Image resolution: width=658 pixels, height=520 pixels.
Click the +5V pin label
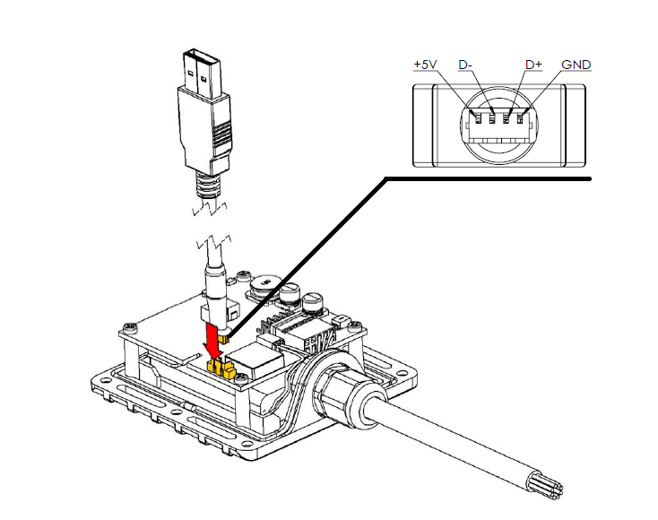point(426,65)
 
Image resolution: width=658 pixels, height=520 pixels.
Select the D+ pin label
point(534,65)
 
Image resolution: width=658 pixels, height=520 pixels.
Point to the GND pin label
point(576,65)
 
